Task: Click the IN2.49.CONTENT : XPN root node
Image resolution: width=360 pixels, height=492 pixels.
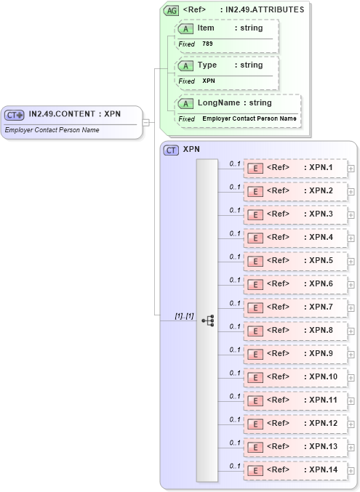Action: coord(73,114)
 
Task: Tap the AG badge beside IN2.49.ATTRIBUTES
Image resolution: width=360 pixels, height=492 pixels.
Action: coord(172,10)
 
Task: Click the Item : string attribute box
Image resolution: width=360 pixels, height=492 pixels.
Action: coord(226,36)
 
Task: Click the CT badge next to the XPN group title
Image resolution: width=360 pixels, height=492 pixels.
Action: coord(172,150)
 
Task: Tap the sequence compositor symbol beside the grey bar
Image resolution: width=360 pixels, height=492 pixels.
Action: coord(207,320)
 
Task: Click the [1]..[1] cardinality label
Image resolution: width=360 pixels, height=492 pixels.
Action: coord(184,316)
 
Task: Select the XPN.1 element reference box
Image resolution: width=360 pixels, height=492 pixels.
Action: coord(295,168)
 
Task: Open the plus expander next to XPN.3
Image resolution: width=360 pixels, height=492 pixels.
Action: coord(351,214)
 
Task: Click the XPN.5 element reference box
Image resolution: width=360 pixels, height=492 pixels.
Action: coord(295,261)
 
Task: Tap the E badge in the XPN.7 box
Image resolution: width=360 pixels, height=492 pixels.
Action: coord(255,307)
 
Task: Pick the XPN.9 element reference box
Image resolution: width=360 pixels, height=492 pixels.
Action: coord(295,354)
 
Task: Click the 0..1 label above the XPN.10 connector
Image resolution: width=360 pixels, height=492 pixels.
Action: coord(235,373)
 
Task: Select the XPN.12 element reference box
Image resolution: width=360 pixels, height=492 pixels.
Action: coord(295,424)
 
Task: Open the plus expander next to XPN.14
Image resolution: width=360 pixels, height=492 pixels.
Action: coord(351,470)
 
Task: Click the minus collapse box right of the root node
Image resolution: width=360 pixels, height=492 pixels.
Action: coord(146,122)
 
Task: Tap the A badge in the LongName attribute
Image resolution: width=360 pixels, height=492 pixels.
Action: coord(186,103)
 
